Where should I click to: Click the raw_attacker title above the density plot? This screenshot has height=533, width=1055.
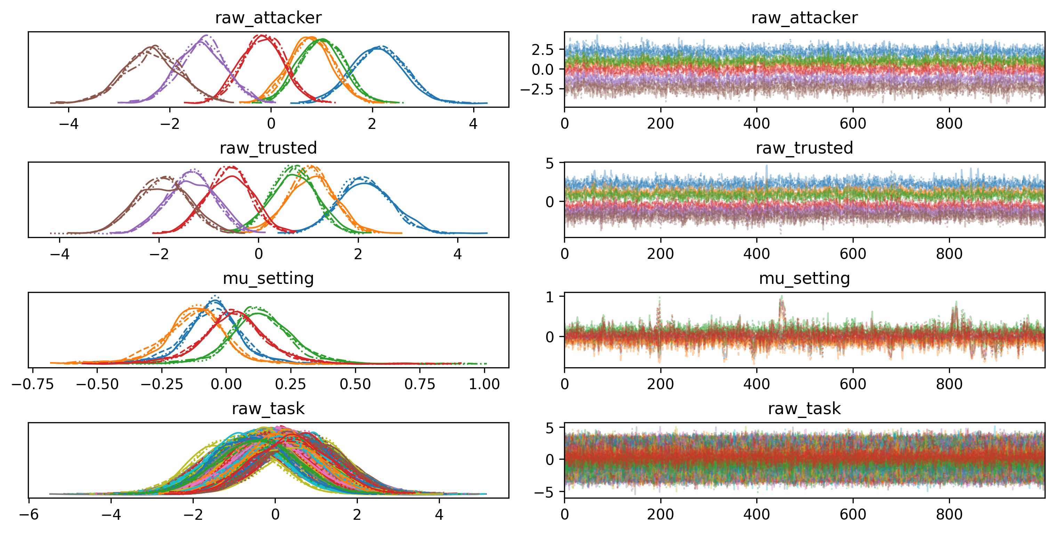268,18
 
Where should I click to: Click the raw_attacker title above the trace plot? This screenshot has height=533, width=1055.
804,18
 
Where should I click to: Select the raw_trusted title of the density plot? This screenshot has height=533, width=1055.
268,148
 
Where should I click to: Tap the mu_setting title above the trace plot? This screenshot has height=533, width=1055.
804,278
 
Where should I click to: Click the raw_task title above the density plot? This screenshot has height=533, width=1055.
268,409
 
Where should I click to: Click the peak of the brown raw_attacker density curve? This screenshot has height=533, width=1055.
154,46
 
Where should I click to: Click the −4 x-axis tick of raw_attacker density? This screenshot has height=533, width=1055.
69,124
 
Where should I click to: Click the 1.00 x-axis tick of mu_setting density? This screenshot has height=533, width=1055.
484,384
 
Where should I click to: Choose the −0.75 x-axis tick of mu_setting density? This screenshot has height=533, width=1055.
33,384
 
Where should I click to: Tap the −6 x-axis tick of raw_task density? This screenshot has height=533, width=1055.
29,515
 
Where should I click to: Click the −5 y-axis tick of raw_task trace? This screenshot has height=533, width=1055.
544,492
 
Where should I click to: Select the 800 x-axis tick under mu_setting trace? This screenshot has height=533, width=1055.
949,384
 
